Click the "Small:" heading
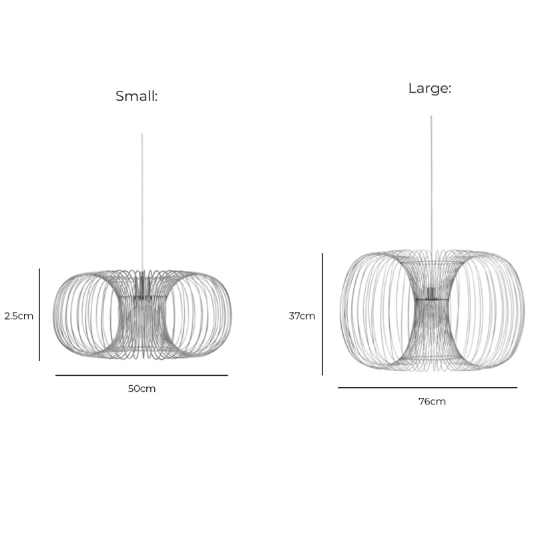(x=137, y=96)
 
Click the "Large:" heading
(x=430, y=88)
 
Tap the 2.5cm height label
(x=19, y=316)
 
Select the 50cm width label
(x=142, y=388)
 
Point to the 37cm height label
(x=302, y=316)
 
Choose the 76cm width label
(x=432, y=401)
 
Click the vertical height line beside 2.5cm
(x=39, y=314)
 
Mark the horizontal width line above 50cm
(x=142, y=375)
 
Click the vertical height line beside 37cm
(x=323, y=314)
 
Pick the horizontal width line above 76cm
(x=427, y=387)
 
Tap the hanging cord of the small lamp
(x=142, y=200)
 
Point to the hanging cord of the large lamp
(x=431, y=180)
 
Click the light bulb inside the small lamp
(x=142, y=318)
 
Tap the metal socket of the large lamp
(x=431, y=293)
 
